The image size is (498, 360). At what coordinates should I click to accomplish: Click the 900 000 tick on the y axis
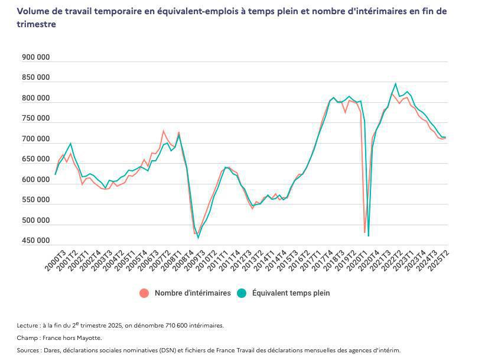[35, 58]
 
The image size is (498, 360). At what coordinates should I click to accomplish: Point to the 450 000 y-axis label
[35, 241]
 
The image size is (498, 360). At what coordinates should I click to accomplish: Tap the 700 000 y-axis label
[35, 140]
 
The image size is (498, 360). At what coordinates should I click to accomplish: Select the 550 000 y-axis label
[35, 200]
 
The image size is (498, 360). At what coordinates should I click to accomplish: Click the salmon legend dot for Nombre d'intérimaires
[144, 293]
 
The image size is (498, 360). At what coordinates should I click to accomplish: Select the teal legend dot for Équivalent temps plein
[241, 293]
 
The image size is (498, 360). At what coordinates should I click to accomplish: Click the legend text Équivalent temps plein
[291, 293]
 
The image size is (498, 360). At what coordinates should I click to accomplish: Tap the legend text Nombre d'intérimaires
[193, 293]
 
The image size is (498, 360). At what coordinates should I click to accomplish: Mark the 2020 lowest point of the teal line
[369, 236]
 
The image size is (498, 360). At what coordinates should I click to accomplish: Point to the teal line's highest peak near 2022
[396, 84]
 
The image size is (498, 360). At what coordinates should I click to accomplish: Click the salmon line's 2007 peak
[164, 131]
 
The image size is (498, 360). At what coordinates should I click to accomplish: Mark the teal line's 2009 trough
[198, 238]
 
